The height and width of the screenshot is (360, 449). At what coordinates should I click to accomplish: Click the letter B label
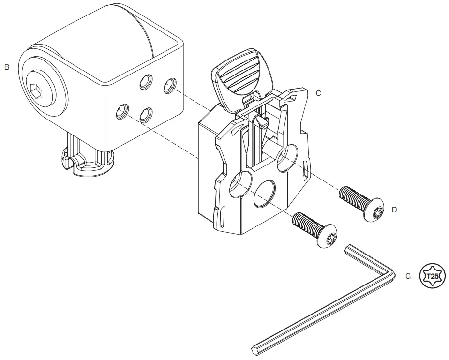click(x=7, y=67)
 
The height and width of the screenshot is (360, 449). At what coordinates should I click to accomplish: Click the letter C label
click(x=318, y=93)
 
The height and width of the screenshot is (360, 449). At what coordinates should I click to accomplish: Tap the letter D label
click(x=394, y=210)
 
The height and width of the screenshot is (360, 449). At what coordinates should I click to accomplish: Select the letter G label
click(x=408, y=276)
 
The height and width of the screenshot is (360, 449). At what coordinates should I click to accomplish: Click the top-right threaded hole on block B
click(x=168, y=86)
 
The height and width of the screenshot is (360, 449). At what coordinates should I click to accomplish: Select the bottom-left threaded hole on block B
click(x=122, y=113)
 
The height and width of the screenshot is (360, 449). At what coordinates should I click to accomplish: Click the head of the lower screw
click(x=327, y=236)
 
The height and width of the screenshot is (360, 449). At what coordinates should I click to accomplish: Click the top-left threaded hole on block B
click(x=145, y=83)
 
